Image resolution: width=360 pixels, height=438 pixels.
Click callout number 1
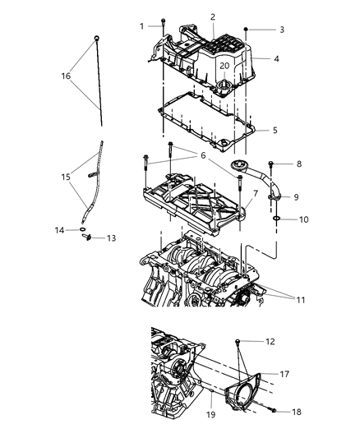click(x=141, y=26)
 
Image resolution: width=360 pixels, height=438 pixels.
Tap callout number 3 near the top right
click(x=281, y=30)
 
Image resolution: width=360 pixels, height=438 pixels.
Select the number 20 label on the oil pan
click(x=224, y=65)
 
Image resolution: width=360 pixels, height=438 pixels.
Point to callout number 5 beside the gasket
click(x=275, y=130)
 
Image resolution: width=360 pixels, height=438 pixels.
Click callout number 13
click(x=112, y=239)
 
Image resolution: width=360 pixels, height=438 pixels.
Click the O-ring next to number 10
click(x=276, y=219)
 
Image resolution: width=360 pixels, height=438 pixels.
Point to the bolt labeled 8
click(x=270, y=164)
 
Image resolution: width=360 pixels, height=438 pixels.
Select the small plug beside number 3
click(x=247, y=30)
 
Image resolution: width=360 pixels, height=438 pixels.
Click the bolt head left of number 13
click(x=85, y=238)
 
